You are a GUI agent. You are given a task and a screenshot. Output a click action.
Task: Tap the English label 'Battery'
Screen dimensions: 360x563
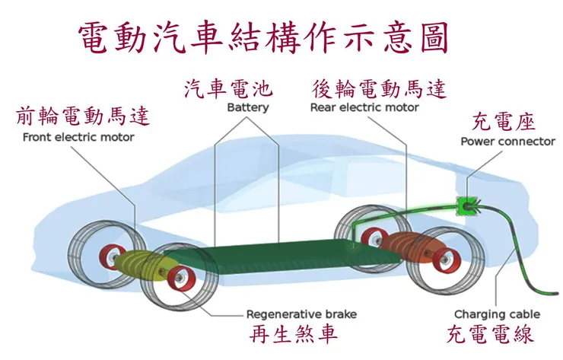[247, 107]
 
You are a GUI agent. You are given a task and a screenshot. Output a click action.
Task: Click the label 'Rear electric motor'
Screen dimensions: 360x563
[364, 107]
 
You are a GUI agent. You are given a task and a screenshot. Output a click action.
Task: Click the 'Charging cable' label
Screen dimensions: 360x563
[498, 314]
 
